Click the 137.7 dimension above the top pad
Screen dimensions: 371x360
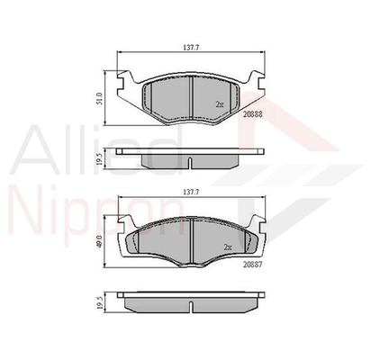(x=191, y=48)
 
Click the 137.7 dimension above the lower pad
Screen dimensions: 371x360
(x=192, y=193)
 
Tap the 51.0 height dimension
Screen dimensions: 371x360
(x=100, y=98)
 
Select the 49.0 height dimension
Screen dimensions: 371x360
(x=100, y=241)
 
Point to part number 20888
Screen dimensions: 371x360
(x=253, y=114)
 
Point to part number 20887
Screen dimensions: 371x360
(x=253, y=265)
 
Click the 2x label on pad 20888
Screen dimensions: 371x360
(x=220, y=104)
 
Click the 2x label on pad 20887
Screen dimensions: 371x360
(x=228, y=247)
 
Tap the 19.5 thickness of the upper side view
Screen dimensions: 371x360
(x=100, y=160)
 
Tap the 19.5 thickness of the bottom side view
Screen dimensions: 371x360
(x=100, y=303)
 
